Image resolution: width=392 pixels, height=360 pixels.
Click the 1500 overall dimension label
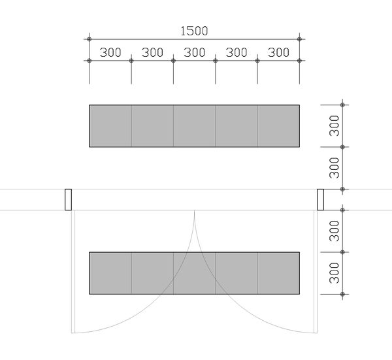point(194,31)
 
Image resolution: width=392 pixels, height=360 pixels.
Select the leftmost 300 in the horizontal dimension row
point(110,52)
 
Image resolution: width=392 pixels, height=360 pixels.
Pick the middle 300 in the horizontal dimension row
point(195,52)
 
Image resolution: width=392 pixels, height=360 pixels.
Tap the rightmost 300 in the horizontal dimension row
point(278,52)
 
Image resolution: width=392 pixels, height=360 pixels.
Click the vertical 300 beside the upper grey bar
point(335,125)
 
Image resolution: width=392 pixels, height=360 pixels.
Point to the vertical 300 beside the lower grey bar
point(335,273)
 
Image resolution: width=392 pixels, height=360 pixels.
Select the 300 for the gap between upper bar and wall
point(335,168)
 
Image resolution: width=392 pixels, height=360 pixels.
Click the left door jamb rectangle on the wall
point(68,199)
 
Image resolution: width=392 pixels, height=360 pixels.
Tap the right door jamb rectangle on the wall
point(321,199)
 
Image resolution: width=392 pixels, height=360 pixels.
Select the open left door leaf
point(73,272)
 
